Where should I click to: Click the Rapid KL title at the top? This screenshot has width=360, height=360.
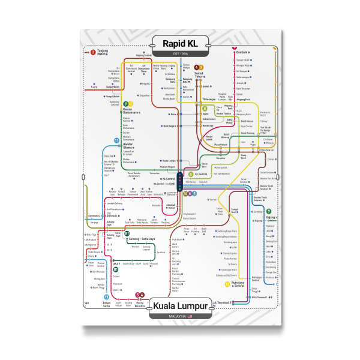coord(180,43)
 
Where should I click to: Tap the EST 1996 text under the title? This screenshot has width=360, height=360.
coord(180,54)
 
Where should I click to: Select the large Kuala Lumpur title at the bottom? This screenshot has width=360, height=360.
coord(180,306)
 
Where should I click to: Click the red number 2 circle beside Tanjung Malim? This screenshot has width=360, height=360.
coord(93,52)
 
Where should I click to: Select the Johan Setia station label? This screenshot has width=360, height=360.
coord(106,305)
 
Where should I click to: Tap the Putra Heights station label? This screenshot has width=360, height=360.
coord(140,304)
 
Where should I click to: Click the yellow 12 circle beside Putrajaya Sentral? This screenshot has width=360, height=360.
coord(227,283)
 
